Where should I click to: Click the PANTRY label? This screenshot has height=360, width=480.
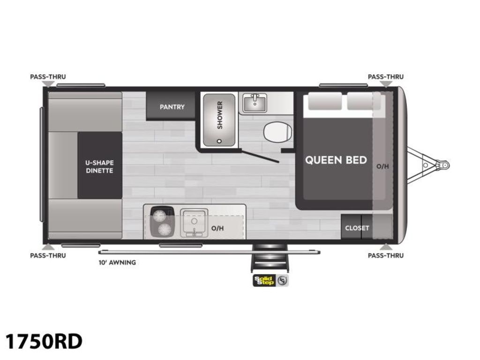[172, 107]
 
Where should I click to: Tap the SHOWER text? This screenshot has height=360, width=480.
[220, 115]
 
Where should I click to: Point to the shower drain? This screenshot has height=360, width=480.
[219, 141]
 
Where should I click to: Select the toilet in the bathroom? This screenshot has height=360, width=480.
[277, 132]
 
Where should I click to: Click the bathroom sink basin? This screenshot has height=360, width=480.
[255, 103]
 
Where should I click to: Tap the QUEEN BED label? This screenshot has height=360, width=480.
[336, 160]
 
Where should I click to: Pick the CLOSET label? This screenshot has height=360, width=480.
[357, 228]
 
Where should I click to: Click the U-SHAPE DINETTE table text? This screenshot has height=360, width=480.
[99, 166]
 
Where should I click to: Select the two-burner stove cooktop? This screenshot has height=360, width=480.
[162, 222]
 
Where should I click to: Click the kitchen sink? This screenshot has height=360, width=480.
[194, 223]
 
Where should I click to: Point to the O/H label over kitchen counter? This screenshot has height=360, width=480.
[217, 228]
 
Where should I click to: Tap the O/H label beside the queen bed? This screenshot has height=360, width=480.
[382, 166]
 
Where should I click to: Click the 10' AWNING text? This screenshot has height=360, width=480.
[117, 262]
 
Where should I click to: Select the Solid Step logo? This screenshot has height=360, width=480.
[270, 280]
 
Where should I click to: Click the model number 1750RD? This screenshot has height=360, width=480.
[44, 341]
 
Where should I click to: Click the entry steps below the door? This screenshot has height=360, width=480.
[270, 258]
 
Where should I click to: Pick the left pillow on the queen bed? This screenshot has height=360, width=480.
[325, 101]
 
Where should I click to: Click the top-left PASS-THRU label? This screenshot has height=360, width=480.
[48, 76]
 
